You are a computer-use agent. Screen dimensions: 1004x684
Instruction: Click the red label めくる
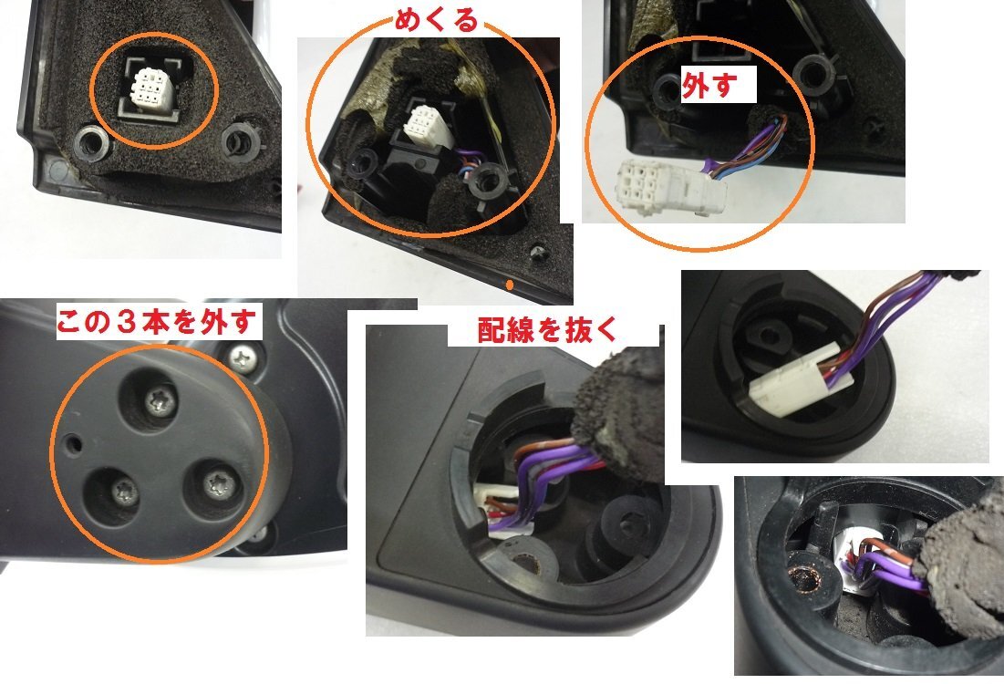click(436, 21)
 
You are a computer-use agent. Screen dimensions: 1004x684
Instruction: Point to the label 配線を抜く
click(547, 331)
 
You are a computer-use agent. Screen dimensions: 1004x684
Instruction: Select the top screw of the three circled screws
click(160, 402)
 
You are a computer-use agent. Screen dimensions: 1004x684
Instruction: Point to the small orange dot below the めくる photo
click(510, 285)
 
